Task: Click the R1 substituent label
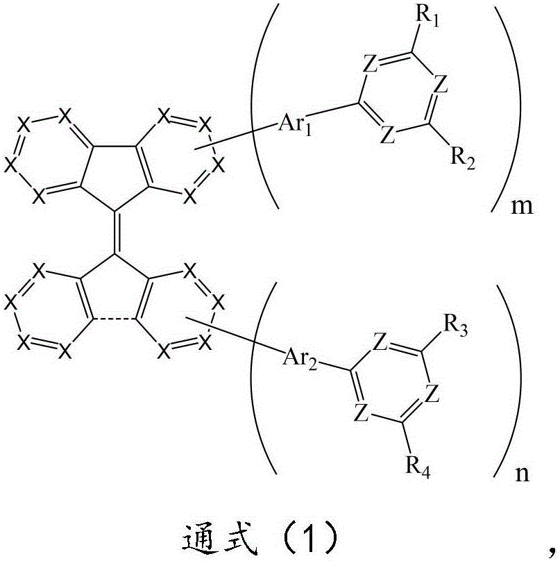[x=427, y=17]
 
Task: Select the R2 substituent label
[x=463, y=158]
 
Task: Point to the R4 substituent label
[x=418, y=467]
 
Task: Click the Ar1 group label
[x=295, y=125]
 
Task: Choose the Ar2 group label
[x=300, y=358]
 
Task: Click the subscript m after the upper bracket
[x=522, y=207]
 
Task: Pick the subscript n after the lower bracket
[x=522, y=474]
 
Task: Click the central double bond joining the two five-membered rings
[x=114, y=232]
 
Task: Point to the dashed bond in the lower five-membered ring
[x=114, y=319]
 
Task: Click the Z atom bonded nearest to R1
[x=370, y=65]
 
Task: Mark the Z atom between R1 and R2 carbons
[x=441, y=85]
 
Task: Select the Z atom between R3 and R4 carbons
[x=433, y=394]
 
